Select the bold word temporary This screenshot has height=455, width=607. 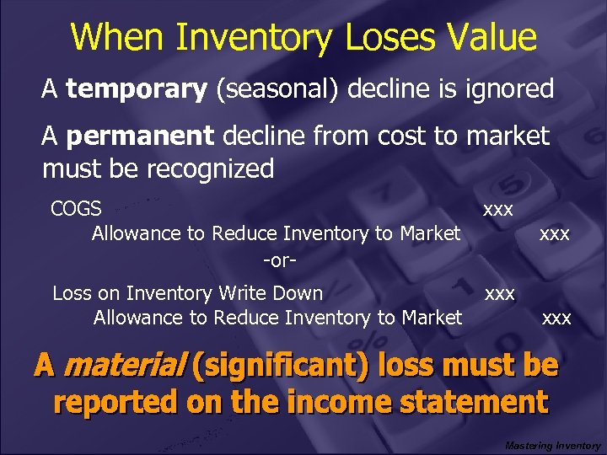pos(137,89)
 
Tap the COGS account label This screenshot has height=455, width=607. pos(76,208)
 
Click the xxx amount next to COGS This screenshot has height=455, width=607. pos(498,208)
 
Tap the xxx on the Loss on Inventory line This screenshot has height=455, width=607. pos(499,293)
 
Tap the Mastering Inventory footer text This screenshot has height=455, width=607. pos(553,445)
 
